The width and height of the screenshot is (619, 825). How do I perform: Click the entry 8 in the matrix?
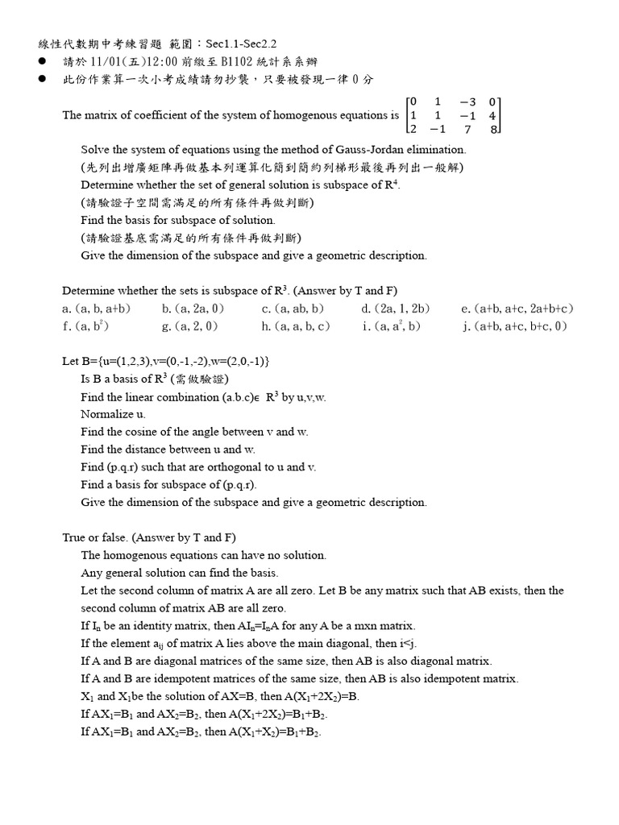493,129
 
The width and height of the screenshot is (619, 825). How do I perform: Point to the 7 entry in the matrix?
467,129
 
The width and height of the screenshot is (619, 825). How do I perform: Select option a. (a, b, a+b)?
97,309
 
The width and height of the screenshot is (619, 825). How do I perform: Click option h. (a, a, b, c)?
296,326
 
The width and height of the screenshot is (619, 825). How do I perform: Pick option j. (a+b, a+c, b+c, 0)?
514,326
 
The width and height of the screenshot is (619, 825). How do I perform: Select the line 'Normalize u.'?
114,414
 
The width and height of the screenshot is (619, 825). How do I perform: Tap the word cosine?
140,432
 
